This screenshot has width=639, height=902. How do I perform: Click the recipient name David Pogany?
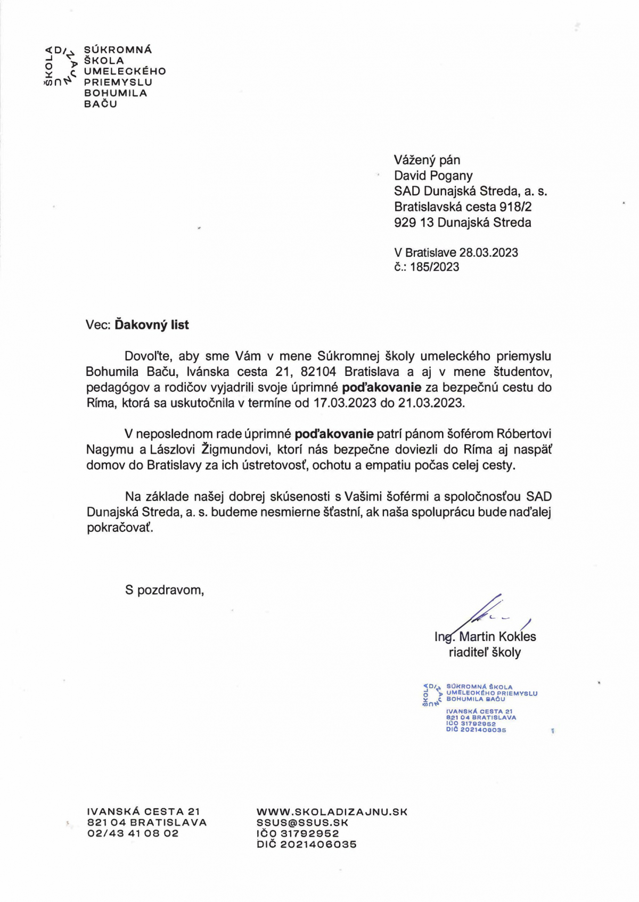point(433,176)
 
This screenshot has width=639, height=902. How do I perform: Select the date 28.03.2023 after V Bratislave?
point(488,252)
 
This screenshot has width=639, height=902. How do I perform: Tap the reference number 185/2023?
point(434,267)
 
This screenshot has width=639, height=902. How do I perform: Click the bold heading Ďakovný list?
point(152,325)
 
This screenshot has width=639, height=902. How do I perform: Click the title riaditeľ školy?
point(485,652)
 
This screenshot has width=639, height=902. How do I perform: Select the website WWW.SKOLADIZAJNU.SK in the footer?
point(332,812)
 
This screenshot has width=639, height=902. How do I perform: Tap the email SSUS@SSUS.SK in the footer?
point(302,823)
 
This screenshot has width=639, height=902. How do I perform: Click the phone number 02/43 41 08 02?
point(133,833)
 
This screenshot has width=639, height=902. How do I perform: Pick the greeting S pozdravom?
point(164,590)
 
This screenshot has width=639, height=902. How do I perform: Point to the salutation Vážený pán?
point(427,160)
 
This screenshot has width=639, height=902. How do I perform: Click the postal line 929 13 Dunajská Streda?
point(462,223)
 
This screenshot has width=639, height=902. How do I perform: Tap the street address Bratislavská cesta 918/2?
point(462,207)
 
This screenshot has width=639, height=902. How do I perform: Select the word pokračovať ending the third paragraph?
point(120,528)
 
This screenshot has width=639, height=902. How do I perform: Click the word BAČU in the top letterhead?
point(100,104)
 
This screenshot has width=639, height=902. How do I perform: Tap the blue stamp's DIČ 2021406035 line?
point(476,730)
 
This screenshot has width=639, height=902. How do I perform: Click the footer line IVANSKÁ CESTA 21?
point(143,812)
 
